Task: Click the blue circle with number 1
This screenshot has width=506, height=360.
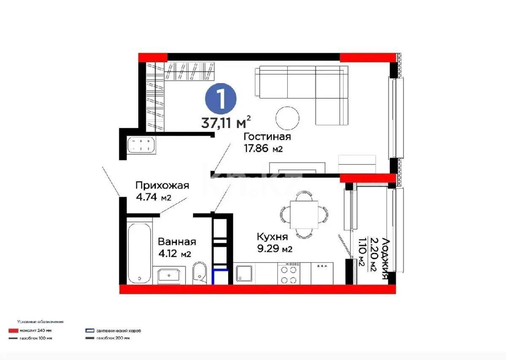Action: coord(221,98)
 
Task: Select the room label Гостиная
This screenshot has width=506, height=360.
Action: coord(267,137)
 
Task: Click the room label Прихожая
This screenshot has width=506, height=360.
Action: coord(162,185)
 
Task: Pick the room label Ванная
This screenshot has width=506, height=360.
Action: coord(177,242)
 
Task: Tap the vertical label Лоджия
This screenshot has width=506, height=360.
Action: coord(385,258)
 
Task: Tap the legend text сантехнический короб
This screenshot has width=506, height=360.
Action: coord(118,331)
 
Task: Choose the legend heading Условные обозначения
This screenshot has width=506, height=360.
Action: coord(40,322)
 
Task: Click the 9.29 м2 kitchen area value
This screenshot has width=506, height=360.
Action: coord(275,249)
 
